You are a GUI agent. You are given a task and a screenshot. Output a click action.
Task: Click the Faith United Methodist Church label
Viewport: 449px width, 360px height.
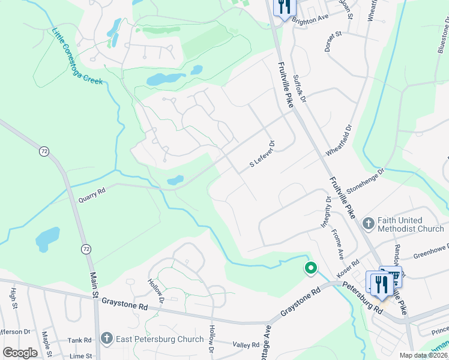[x=411, y=224]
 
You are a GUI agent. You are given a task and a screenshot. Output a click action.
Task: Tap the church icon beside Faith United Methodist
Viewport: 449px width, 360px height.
[x=368, y=224]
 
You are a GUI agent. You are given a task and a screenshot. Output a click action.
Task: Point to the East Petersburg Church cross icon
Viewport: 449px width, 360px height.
[x=107, y=339]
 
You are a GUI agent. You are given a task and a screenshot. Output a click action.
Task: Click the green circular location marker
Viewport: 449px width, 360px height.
[x=310, y=268]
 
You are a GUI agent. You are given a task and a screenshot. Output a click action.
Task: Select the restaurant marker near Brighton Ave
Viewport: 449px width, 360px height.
[x=285, y=8]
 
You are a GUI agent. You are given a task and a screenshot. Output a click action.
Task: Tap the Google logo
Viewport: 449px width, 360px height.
[x=20, y=352]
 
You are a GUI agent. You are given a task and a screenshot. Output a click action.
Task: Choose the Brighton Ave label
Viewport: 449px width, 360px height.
[x=310, y=19]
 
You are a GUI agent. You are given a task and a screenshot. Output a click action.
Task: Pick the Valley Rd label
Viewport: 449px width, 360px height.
[x=247, y=345]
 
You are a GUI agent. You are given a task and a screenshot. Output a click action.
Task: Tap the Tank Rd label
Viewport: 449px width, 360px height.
[x=79, y=340]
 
